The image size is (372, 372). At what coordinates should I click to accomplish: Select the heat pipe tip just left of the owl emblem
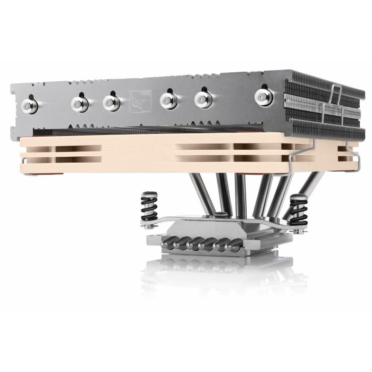[x=112, y=102]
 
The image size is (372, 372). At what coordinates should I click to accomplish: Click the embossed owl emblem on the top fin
[x=139, y=100]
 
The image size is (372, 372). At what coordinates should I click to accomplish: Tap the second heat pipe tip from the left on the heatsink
[x=80, y=103]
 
